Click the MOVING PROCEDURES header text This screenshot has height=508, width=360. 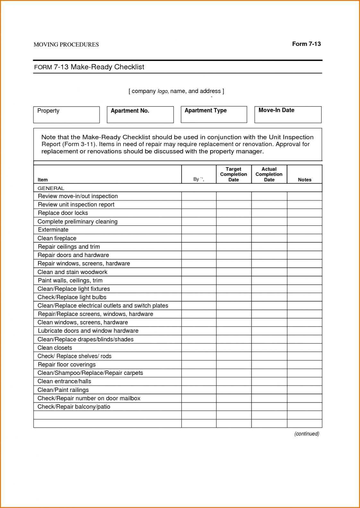66,45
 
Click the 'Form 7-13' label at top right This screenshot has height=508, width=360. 306,44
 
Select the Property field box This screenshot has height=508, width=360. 66,115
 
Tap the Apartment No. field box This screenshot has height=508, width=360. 140,115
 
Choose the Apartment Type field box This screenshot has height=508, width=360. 214,115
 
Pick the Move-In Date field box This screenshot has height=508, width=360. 288,115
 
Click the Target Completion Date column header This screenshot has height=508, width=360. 234,174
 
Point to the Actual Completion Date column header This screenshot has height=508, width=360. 269,174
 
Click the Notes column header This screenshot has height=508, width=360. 304,180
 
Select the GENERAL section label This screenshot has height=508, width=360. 51,188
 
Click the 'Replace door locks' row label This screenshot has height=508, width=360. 63,213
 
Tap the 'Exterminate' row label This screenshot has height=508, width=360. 53,230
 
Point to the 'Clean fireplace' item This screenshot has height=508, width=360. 57,238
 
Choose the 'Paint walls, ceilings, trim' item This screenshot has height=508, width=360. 70,280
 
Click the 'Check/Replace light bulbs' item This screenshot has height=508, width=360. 72,297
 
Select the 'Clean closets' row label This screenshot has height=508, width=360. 55,348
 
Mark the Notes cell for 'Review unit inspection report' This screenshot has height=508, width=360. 304,205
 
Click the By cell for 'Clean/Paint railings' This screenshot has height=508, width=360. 199,390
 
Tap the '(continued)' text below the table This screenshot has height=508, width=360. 307,434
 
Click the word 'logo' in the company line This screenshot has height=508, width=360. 163,91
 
